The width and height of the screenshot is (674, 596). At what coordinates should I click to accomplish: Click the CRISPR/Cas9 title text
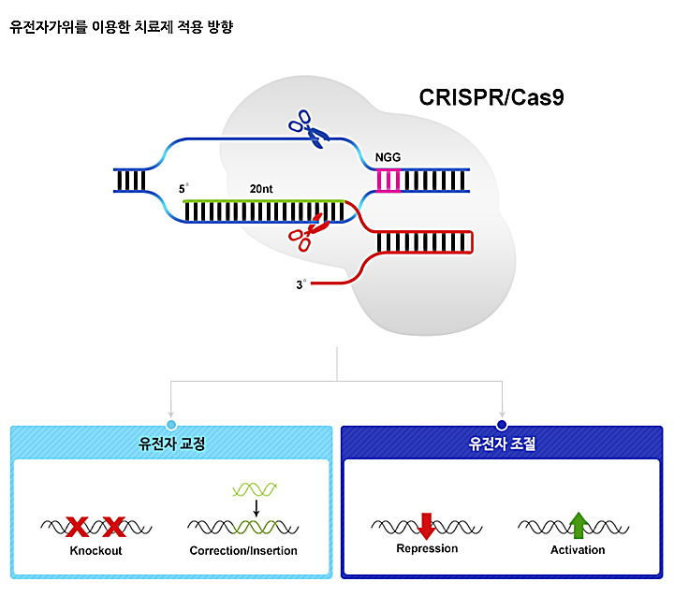491,96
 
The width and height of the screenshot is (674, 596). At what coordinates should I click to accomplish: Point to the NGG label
388,157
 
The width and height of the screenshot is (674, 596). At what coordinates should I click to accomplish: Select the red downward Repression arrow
427,525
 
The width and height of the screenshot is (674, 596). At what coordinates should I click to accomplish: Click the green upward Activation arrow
578,525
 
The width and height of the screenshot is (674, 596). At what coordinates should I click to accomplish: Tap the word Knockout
95,550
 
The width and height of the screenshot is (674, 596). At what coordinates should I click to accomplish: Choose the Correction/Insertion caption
243,550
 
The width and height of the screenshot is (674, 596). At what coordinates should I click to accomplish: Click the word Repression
427,548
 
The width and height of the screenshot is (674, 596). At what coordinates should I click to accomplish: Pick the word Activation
578,549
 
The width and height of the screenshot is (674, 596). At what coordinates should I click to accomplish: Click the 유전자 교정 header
171,443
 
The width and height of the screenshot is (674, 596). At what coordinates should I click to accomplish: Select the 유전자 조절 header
503,443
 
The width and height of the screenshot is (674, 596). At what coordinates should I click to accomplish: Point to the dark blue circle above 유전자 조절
503,425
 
